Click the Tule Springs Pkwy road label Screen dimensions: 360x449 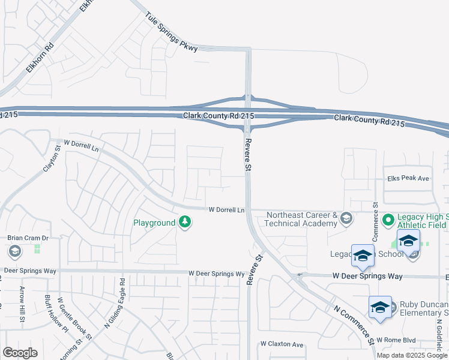[171, 34]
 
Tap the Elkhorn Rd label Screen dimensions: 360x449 [40, 58]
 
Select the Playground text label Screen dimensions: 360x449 [154, 223]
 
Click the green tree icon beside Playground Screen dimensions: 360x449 [185, 223]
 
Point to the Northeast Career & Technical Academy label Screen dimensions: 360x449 [301, 219]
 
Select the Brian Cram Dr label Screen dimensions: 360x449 [27, 238]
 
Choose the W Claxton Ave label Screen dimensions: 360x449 [282, 344]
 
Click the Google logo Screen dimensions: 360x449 [20, 353]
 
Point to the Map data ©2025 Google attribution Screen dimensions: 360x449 [412, 355]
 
